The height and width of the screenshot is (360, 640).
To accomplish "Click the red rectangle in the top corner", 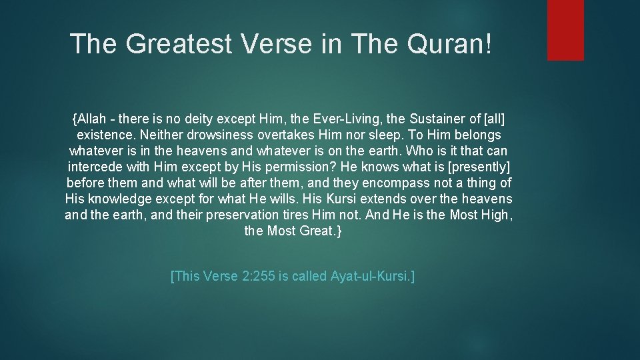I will tap(565, 30).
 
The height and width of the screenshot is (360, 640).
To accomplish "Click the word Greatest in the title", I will tap(179, 44).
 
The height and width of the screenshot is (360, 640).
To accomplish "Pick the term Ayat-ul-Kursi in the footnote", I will tap(371, 275).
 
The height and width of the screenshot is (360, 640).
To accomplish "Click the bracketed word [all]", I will tap(494, 119).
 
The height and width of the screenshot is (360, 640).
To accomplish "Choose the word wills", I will tap(284, 199).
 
